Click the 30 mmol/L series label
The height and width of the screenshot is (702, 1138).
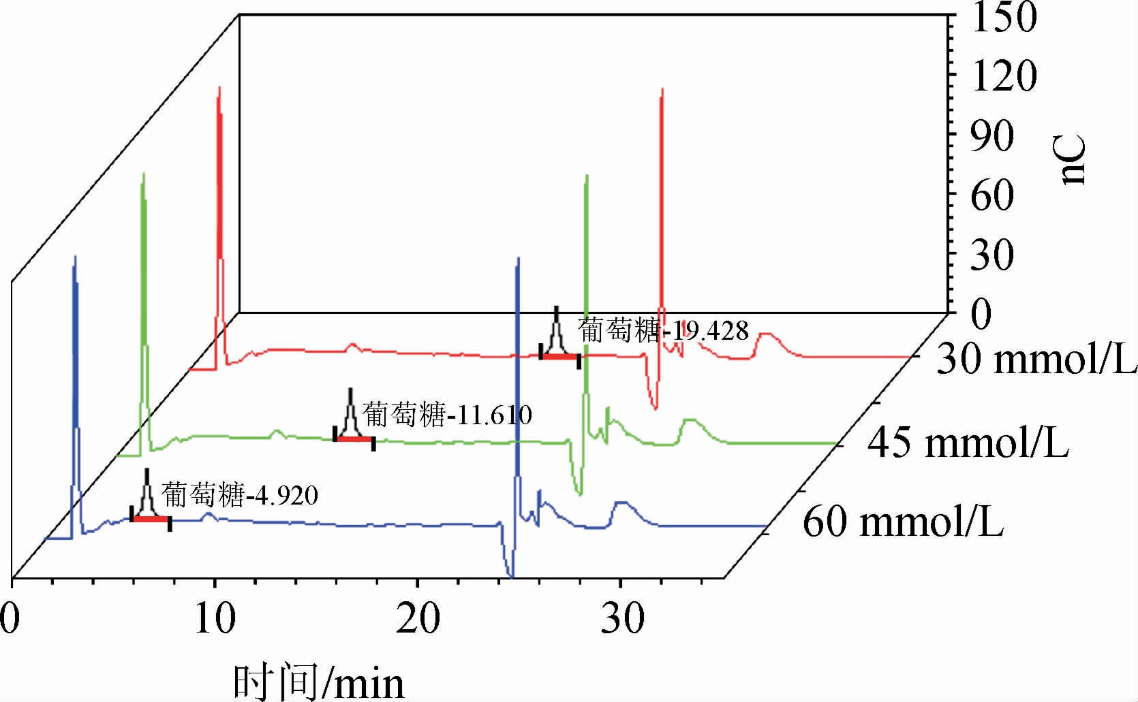pyautogui.click(x=1036, y=359)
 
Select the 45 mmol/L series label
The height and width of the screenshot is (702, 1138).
pyautogui.click(x=968, y=443)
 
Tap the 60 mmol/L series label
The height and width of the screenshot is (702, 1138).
pyautogui.click(x=903, y=523)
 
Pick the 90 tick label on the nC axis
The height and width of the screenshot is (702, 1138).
pyautogui.click(x=992, y=136)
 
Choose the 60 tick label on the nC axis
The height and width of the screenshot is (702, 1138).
pyautogui.click(x=992, y=196)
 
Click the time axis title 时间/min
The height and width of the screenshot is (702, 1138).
pyautogui.click(x=319, y=682)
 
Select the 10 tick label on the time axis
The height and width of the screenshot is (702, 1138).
pyautogui.click(x=215, y=618)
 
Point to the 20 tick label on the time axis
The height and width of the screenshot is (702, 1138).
pyautogui.click(x=418, y=618)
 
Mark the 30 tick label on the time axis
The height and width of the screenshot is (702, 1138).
pyautogui.click(x=621, y=618)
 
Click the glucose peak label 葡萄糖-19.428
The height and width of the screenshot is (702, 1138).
pyautogui.click(x=663, y=331)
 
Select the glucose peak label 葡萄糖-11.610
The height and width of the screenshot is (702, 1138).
pyautogui.click(x=446, y=414)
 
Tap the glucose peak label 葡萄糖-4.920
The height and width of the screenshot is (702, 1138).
pyautogui.click(x=240, y=495)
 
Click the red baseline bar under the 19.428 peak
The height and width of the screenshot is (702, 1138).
pyautogui.click(x=559, y=356)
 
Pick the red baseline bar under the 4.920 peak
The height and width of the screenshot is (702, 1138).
pyautogui.click(x=150, y=519)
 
